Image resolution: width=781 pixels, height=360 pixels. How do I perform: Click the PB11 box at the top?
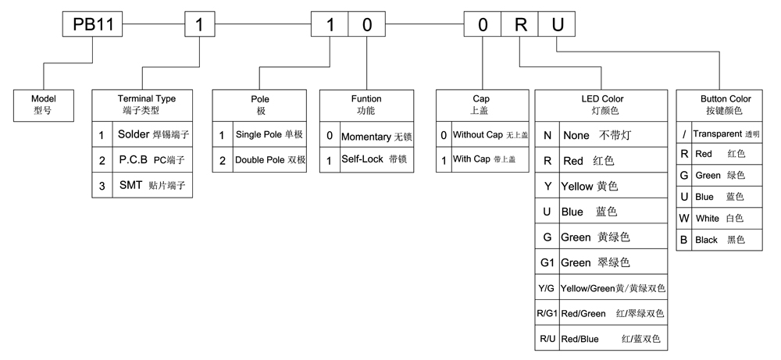point(93,24)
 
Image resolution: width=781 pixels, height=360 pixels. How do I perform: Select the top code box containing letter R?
point(520,24)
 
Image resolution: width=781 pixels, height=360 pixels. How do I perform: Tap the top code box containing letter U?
point(557,24)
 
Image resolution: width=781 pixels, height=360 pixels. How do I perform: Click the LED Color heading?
point(602,99)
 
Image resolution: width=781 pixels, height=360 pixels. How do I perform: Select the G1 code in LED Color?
point(547,262)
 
